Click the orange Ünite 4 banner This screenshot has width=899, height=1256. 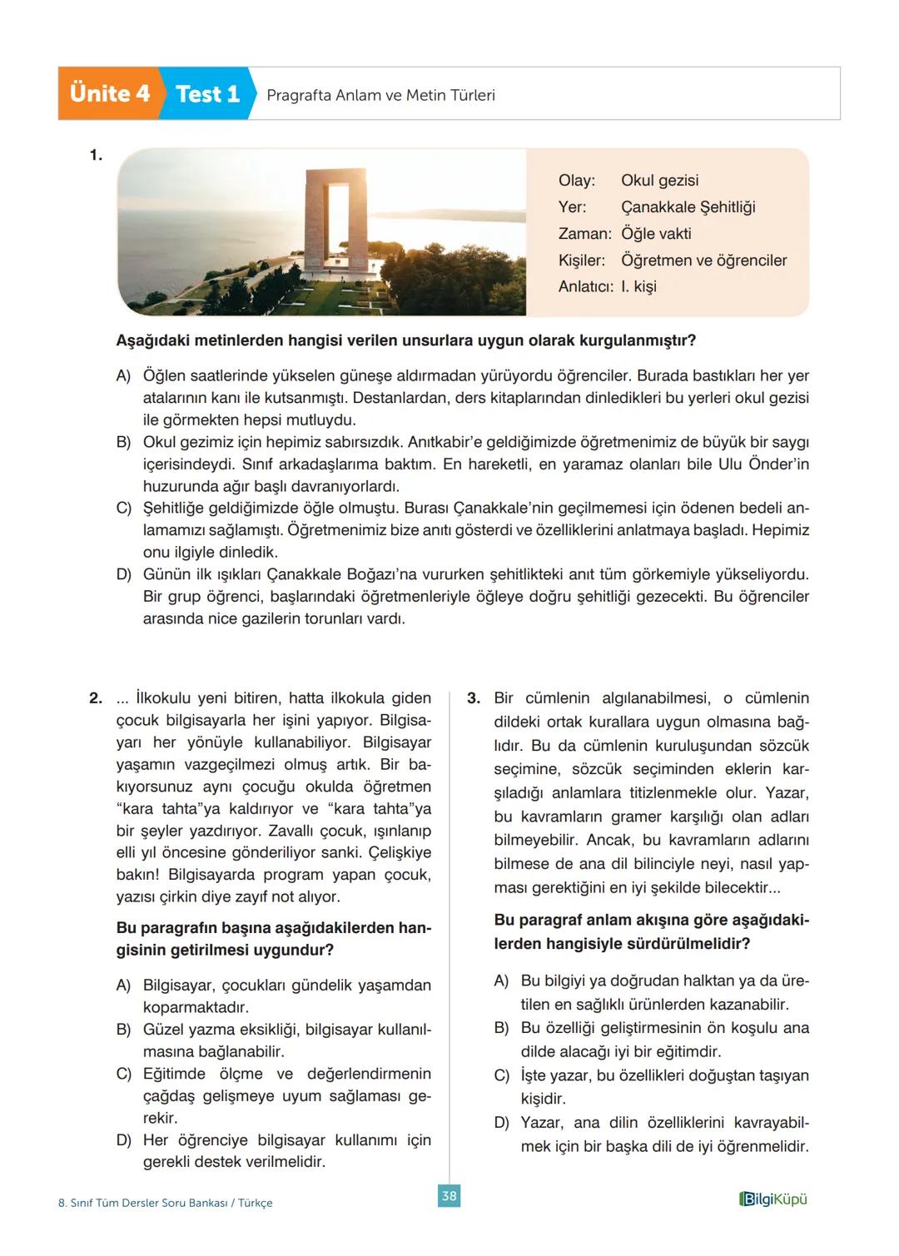[109, 94]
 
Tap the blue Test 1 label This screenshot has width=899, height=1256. [207, 94]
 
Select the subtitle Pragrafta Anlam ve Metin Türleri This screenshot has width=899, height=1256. [380, 96]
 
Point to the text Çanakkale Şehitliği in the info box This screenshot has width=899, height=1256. [688, 207]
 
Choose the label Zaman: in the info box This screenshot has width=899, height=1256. [584, 234]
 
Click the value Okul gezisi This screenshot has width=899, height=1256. [659, 181]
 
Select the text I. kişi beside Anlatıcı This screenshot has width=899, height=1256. [638, 286]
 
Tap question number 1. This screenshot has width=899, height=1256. [96, 155]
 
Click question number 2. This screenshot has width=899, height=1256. [96, 698]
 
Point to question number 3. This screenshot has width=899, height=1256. [474, 698]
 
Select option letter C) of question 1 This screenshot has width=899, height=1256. [123, 509]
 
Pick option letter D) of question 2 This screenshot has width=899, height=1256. [123, 1140]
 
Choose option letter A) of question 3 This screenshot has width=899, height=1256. [501, 981]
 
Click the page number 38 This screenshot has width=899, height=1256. [449, 1196]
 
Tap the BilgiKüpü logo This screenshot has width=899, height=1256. [772, 1199]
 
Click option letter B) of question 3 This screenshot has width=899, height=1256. [501, 1029]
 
